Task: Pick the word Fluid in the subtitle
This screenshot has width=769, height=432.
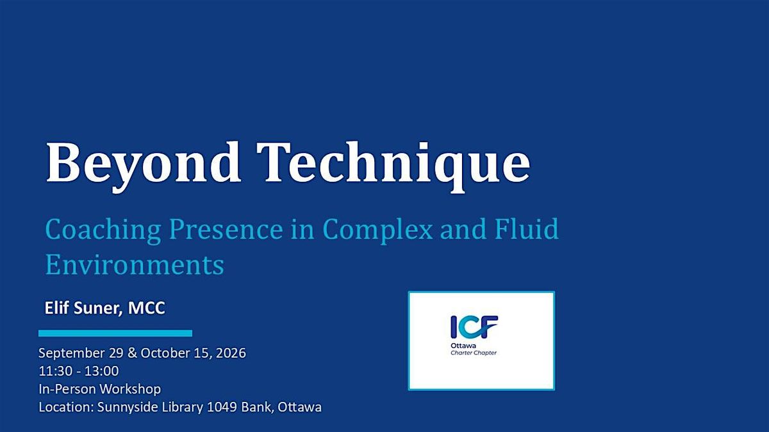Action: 527,228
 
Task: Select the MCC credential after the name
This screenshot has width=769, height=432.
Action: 147,308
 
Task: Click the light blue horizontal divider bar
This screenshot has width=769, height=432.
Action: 115,333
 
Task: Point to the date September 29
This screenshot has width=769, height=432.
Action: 81,353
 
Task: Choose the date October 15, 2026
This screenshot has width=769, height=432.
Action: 194,353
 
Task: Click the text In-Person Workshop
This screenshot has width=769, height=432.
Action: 99,389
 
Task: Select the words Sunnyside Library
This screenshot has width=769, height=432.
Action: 151,407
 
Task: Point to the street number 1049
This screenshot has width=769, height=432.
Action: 222,407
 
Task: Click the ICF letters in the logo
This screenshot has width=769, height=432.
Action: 474,327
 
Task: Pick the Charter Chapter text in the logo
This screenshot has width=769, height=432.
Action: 474,353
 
